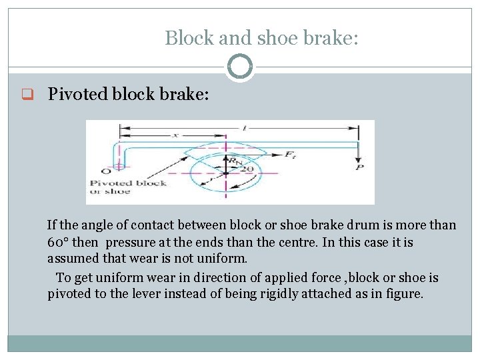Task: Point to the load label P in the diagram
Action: click(x=361, y=168)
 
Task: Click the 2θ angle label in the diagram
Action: click(x=247, y=169)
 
